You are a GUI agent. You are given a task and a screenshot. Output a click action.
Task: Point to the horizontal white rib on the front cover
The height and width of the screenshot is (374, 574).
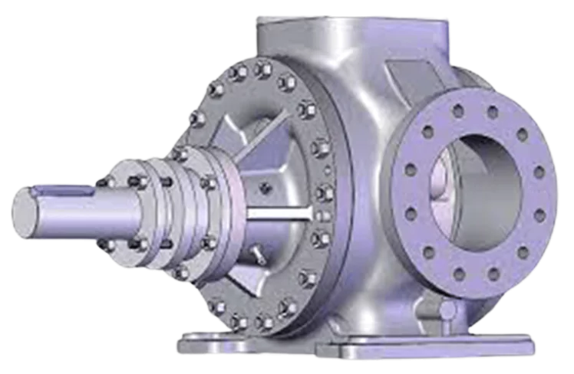(x=281, y=212)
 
